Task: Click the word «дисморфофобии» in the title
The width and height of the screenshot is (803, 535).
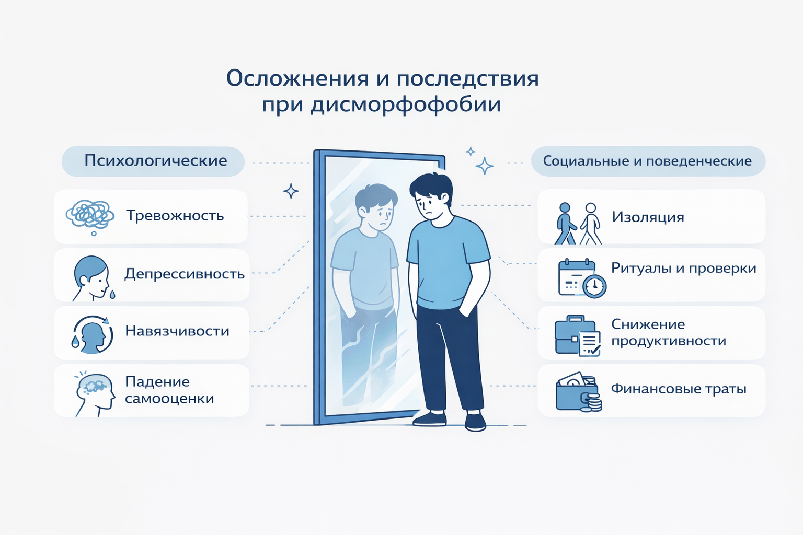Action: point(406,106)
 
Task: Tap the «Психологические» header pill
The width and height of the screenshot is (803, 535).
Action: point(153,161)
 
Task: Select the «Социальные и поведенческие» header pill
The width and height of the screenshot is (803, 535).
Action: point(648,161)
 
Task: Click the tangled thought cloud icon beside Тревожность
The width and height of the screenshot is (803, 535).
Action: point(90,217)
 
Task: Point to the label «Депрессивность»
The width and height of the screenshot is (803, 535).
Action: point(185,274)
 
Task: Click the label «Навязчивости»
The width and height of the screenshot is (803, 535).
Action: point(177,331)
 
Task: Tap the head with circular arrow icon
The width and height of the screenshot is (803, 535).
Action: point(93,335)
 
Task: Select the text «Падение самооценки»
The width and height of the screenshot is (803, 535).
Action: point(169,390)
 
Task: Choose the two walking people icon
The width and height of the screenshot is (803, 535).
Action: point(578,224)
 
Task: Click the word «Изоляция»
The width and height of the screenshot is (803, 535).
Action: point(648,217)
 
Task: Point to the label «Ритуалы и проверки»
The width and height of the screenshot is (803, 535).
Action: point(684,269)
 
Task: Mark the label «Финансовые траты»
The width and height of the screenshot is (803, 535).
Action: point(679,389)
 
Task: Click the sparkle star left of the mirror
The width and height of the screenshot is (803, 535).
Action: point(291,191)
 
